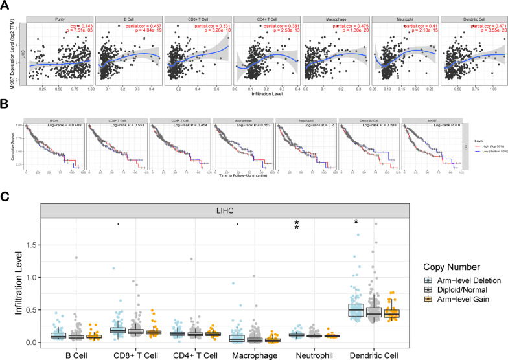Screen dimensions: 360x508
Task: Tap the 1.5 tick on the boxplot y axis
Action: click(x=29, y=245)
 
